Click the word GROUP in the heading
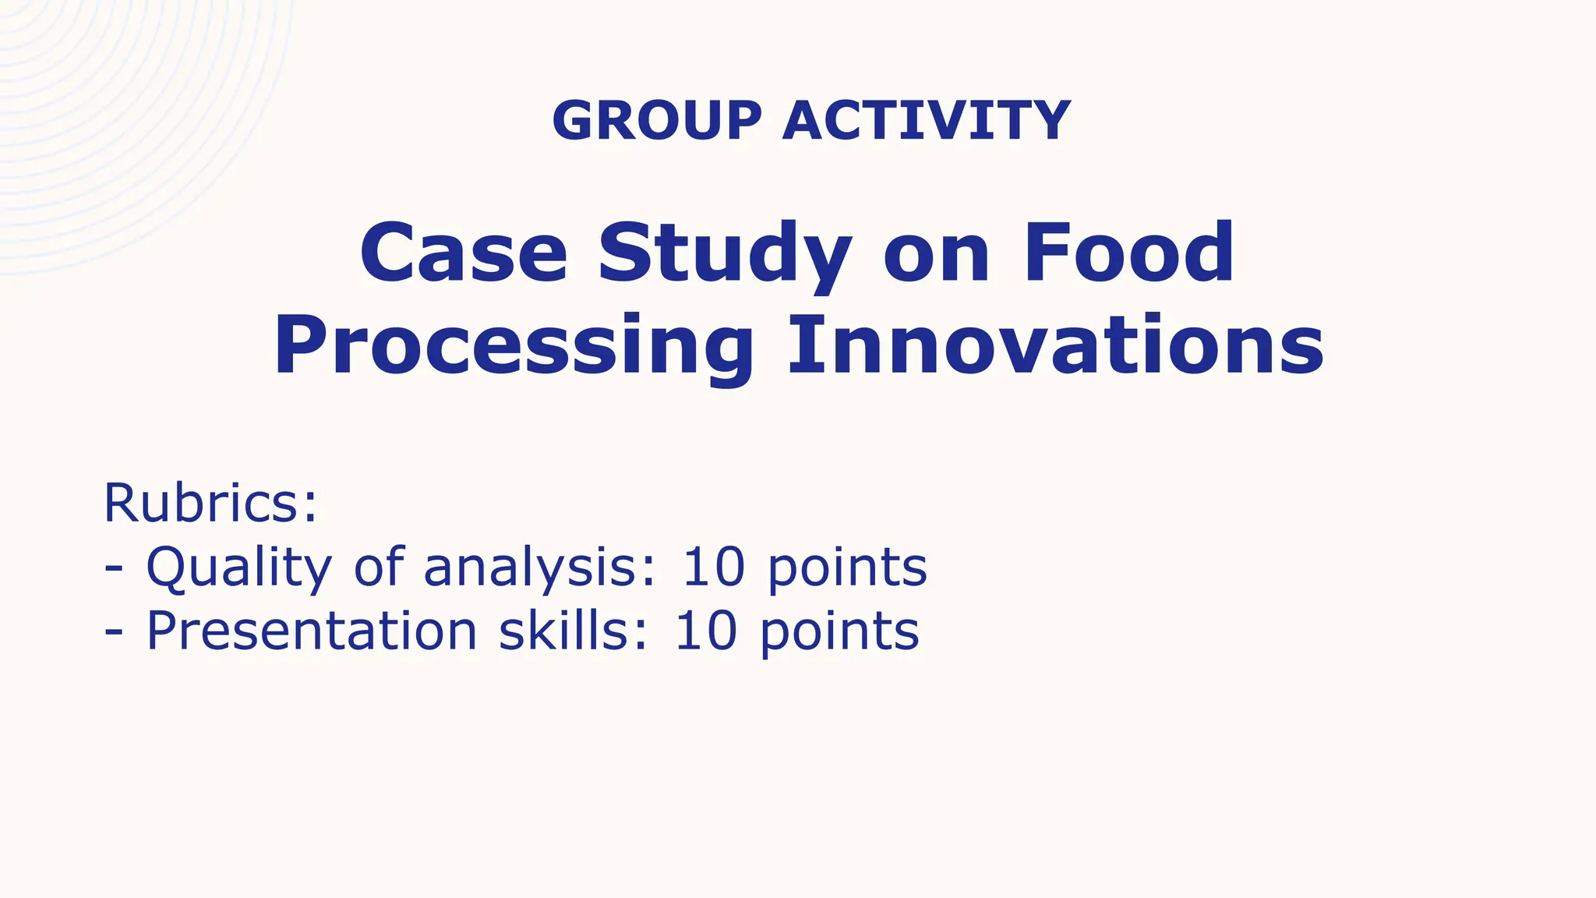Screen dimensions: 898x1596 point(656,121)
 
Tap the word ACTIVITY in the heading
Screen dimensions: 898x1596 point(927,121)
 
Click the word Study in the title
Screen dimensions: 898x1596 point(725,254)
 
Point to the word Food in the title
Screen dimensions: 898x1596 point(1129,253)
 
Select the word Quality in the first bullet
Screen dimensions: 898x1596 point(238,567)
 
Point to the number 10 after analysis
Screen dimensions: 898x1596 point(714,567)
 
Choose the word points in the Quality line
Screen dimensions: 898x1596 point(847,567)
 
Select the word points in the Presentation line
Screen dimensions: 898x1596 point(839,631)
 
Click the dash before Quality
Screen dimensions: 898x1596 point(114,570)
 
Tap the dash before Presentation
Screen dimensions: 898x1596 point(114,633)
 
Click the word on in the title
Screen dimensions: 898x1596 point(936,254)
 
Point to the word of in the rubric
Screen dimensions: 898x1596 point(379,567)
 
